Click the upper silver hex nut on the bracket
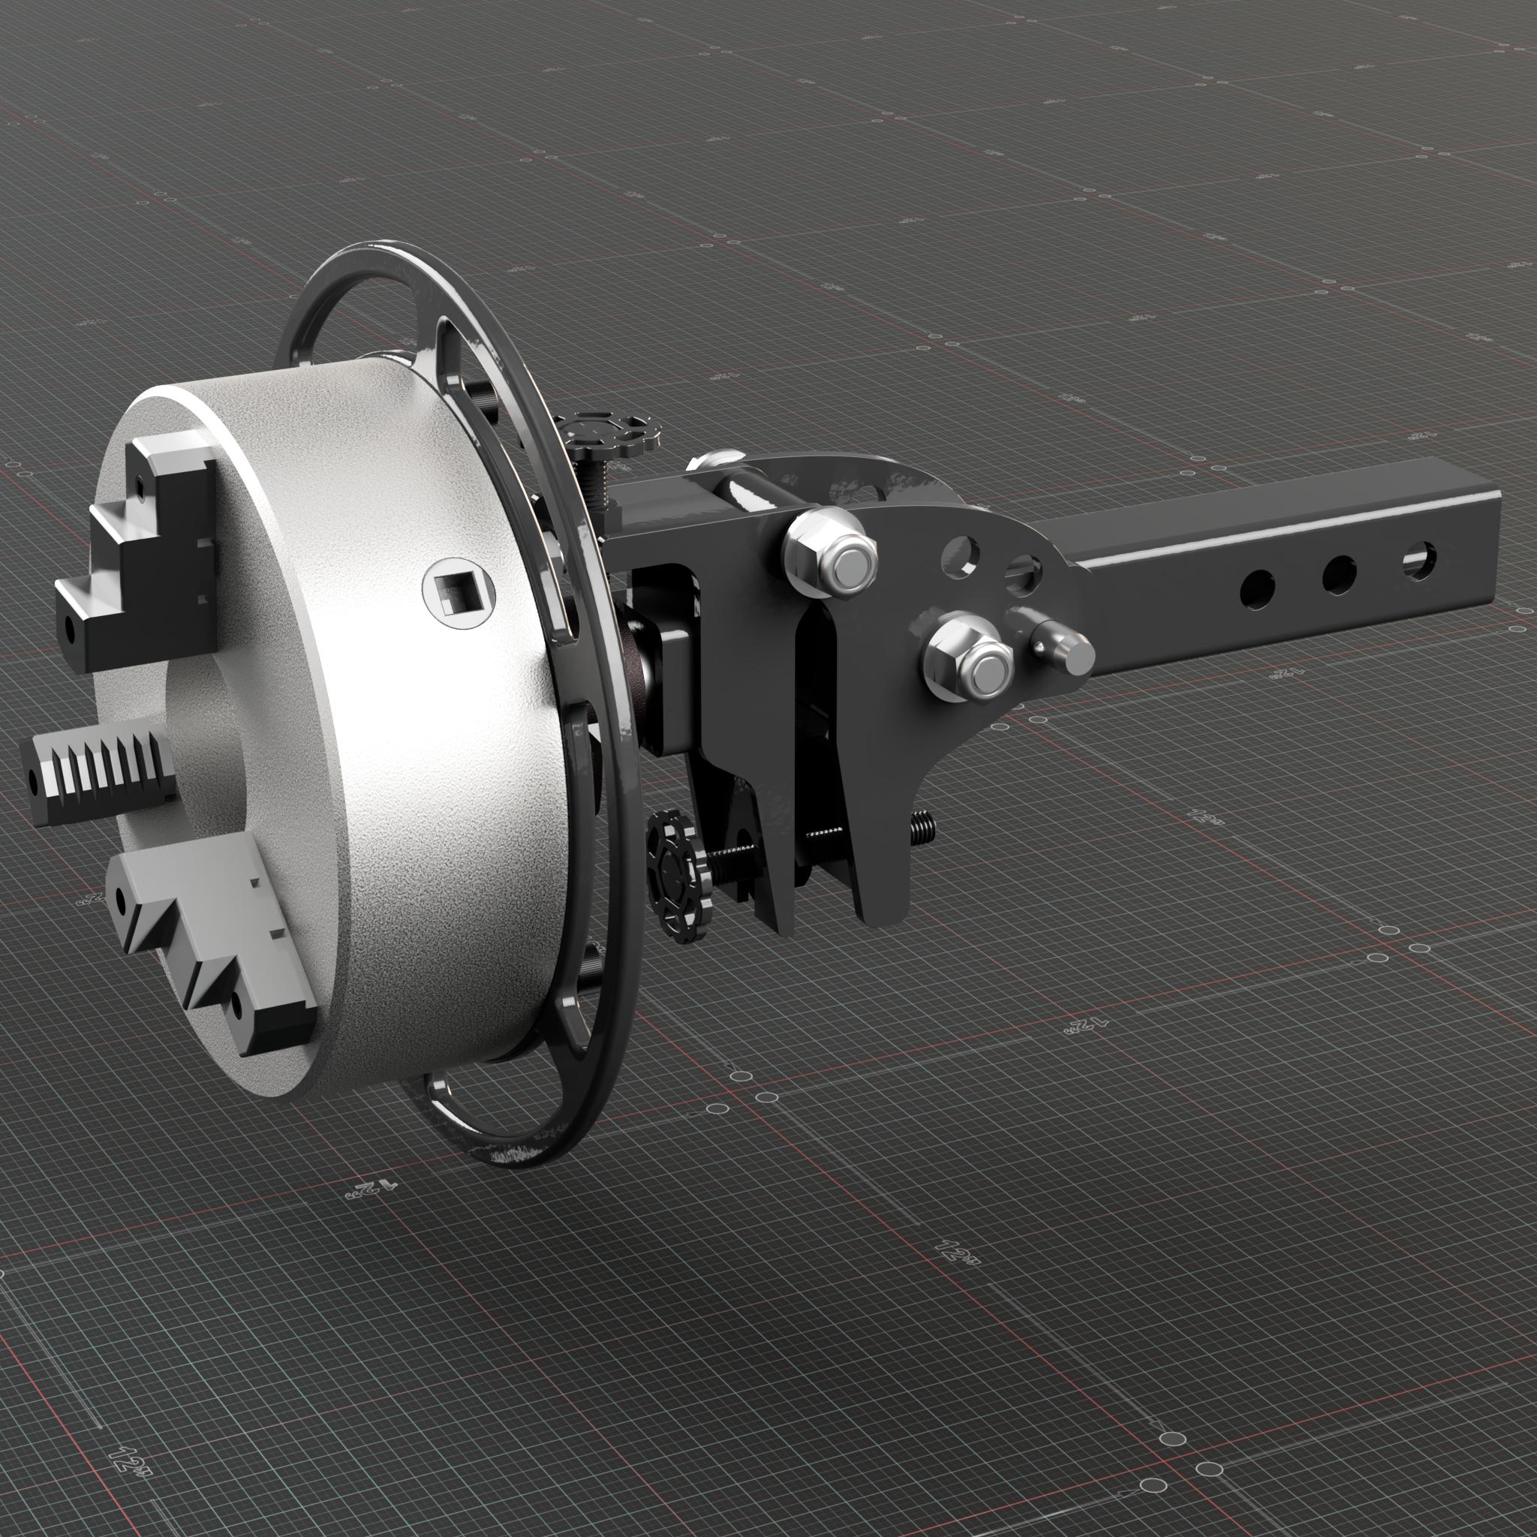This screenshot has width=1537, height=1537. pyautogui.click(x=830, y=555)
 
